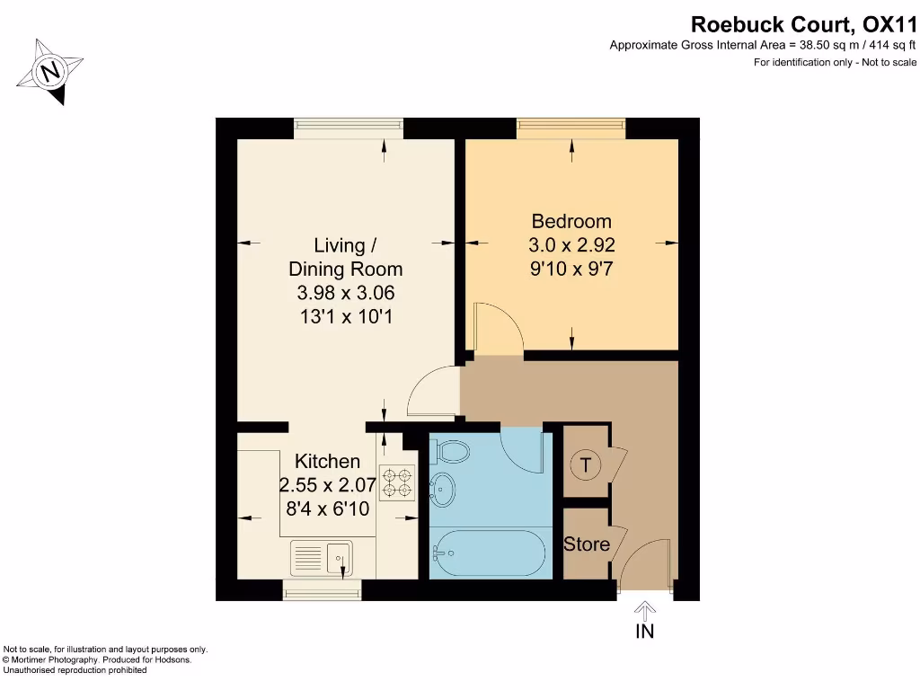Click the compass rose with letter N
coord(52,70)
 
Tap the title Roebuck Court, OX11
coord(803,24)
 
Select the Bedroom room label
coord(571,221)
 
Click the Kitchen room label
coord(328,461)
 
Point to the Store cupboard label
coord(586,544)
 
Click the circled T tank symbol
coord(586,464)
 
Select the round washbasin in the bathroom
coord(443,490)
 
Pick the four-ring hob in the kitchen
coord(396,482)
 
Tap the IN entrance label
coord(644,632)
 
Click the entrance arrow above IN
coord(644,609)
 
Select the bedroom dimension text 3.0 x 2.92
coord(571,244)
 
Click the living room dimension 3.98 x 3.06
coord(345,292)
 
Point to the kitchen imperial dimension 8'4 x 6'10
coord(328,508)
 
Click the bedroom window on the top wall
coord(571,129)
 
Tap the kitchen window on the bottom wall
coord(323,589)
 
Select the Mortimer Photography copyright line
coord(85,659)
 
